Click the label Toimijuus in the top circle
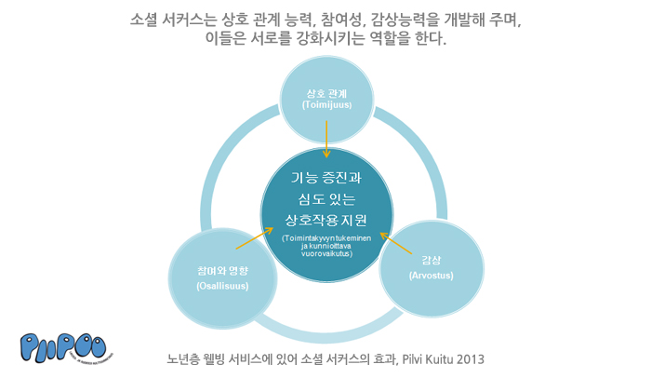326,105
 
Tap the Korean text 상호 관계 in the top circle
326,94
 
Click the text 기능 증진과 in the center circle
327,177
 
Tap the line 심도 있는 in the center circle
327,198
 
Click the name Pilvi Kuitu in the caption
427,358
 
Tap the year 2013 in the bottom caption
472,358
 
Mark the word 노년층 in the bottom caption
183,358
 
